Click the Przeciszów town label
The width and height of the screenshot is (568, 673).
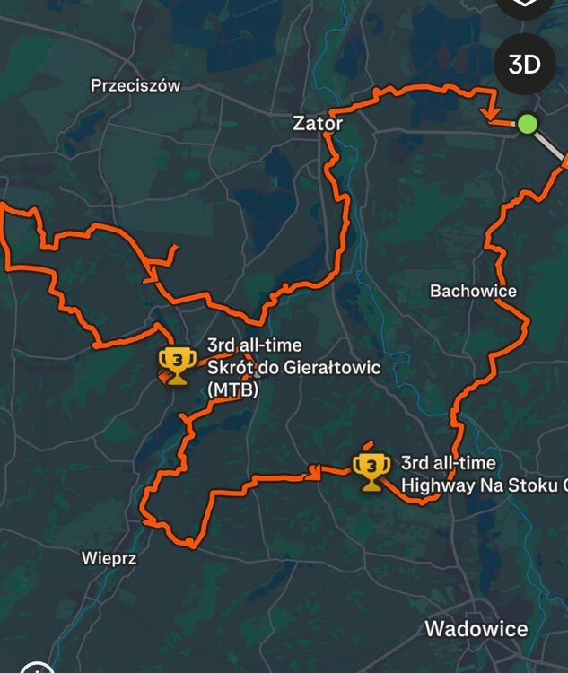[135, 86]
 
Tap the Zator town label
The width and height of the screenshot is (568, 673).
[318, 124]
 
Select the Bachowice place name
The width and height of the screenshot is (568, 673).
[473, 291]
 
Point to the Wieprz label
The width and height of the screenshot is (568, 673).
[109, 558]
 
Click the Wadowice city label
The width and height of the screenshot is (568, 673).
[476, 628]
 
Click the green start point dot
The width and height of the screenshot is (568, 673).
[528, 124]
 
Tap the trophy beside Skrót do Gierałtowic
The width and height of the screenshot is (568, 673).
[177, 363]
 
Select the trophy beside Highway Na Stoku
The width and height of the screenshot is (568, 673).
[371, 469]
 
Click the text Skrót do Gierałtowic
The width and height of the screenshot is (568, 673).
[293, 368]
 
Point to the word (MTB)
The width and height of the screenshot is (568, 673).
[232, 389]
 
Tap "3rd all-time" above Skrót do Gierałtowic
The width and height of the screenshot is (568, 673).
[254, 345]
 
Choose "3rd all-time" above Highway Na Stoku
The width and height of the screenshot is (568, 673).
[448, 463]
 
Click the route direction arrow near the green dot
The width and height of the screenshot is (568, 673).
[491, 116]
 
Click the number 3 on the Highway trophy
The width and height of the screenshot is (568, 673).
[371, 465]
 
